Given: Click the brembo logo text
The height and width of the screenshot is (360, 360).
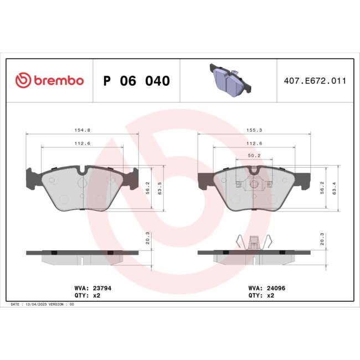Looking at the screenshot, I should pyautogui.click(x=49, y=81).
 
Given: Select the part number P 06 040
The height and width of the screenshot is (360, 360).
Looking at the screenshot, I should pyautogui.click(x=137, y=81).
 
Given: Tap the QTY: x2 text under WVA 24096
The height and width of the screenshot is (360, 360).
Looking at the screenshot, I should pyautogui.click(x=261, y=296).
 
